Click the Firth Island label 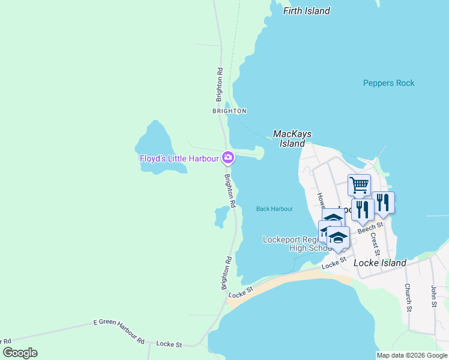tap(306, 11)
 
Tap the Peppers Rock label tap(388, 83)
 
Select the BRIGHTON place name tap(229, 111)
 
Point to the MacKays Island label tap(292, 139)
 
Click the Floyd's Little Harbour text tap(179, 158)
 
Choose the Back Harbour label tap(274, 209)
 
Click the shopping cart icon tap(359, 185)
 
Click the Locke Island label tap(380, 263)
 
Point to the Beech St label tap(370, 228)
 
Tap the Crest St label tap(375, 244)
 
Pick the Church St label tap(408, 298)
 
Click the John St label tap(433, 296)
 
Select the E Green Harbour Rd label tap(119, 332)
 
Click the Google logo tap(20, 353)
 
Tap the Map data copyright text tap(411, 355)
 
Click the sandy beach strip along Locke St tap(288, 285)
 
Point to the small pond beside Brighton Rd tap(221, 216)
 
